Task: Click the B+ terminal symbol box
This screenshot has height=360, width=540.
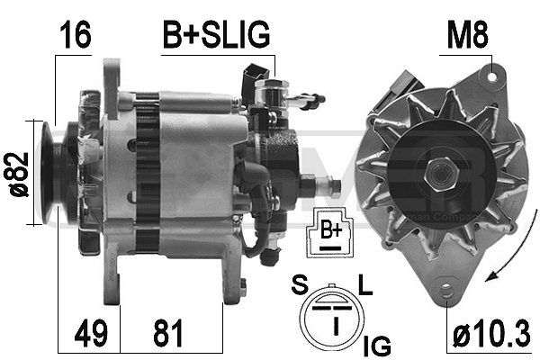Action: coord(331,233)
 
